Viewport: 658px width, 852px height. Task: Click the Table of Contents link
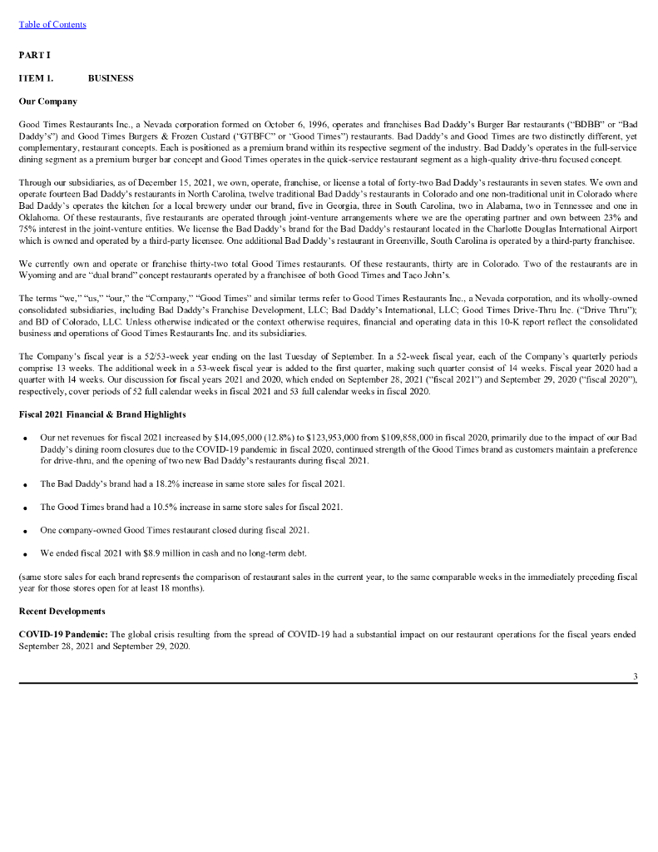click(52, 24)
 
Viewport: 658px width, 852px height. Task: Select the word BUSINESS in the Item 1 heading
click(111, 78)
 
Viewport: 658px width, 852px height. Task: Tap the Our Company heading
click(47, 102)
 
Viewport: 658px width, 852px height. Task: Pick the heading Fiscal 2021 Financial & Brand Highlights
click(101, 414)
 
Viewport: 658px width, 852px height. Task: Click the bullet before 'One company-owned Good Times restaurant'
click(26, 530)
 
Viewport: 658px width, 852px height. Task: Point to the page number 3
click(635, 676)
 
